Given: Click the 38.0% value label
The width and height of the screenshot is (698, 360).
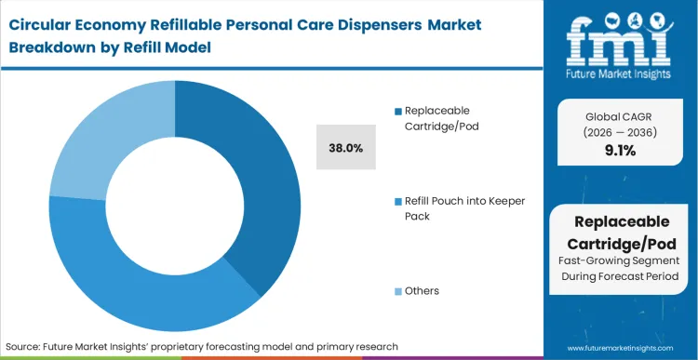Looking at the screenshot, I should [346, 147].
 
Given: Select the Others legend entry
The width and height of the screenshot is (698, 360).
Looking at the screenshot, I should [423, 291].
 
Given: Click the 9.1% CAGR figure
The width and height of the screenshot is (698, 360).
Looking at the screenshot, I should [619, 150].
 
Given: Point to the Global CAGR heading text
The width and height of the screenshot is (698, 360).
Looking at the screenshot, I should [619, 116].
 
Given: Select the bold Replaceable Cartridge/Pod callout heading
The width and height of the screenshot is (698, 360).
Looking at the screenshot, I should [619, 232].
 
